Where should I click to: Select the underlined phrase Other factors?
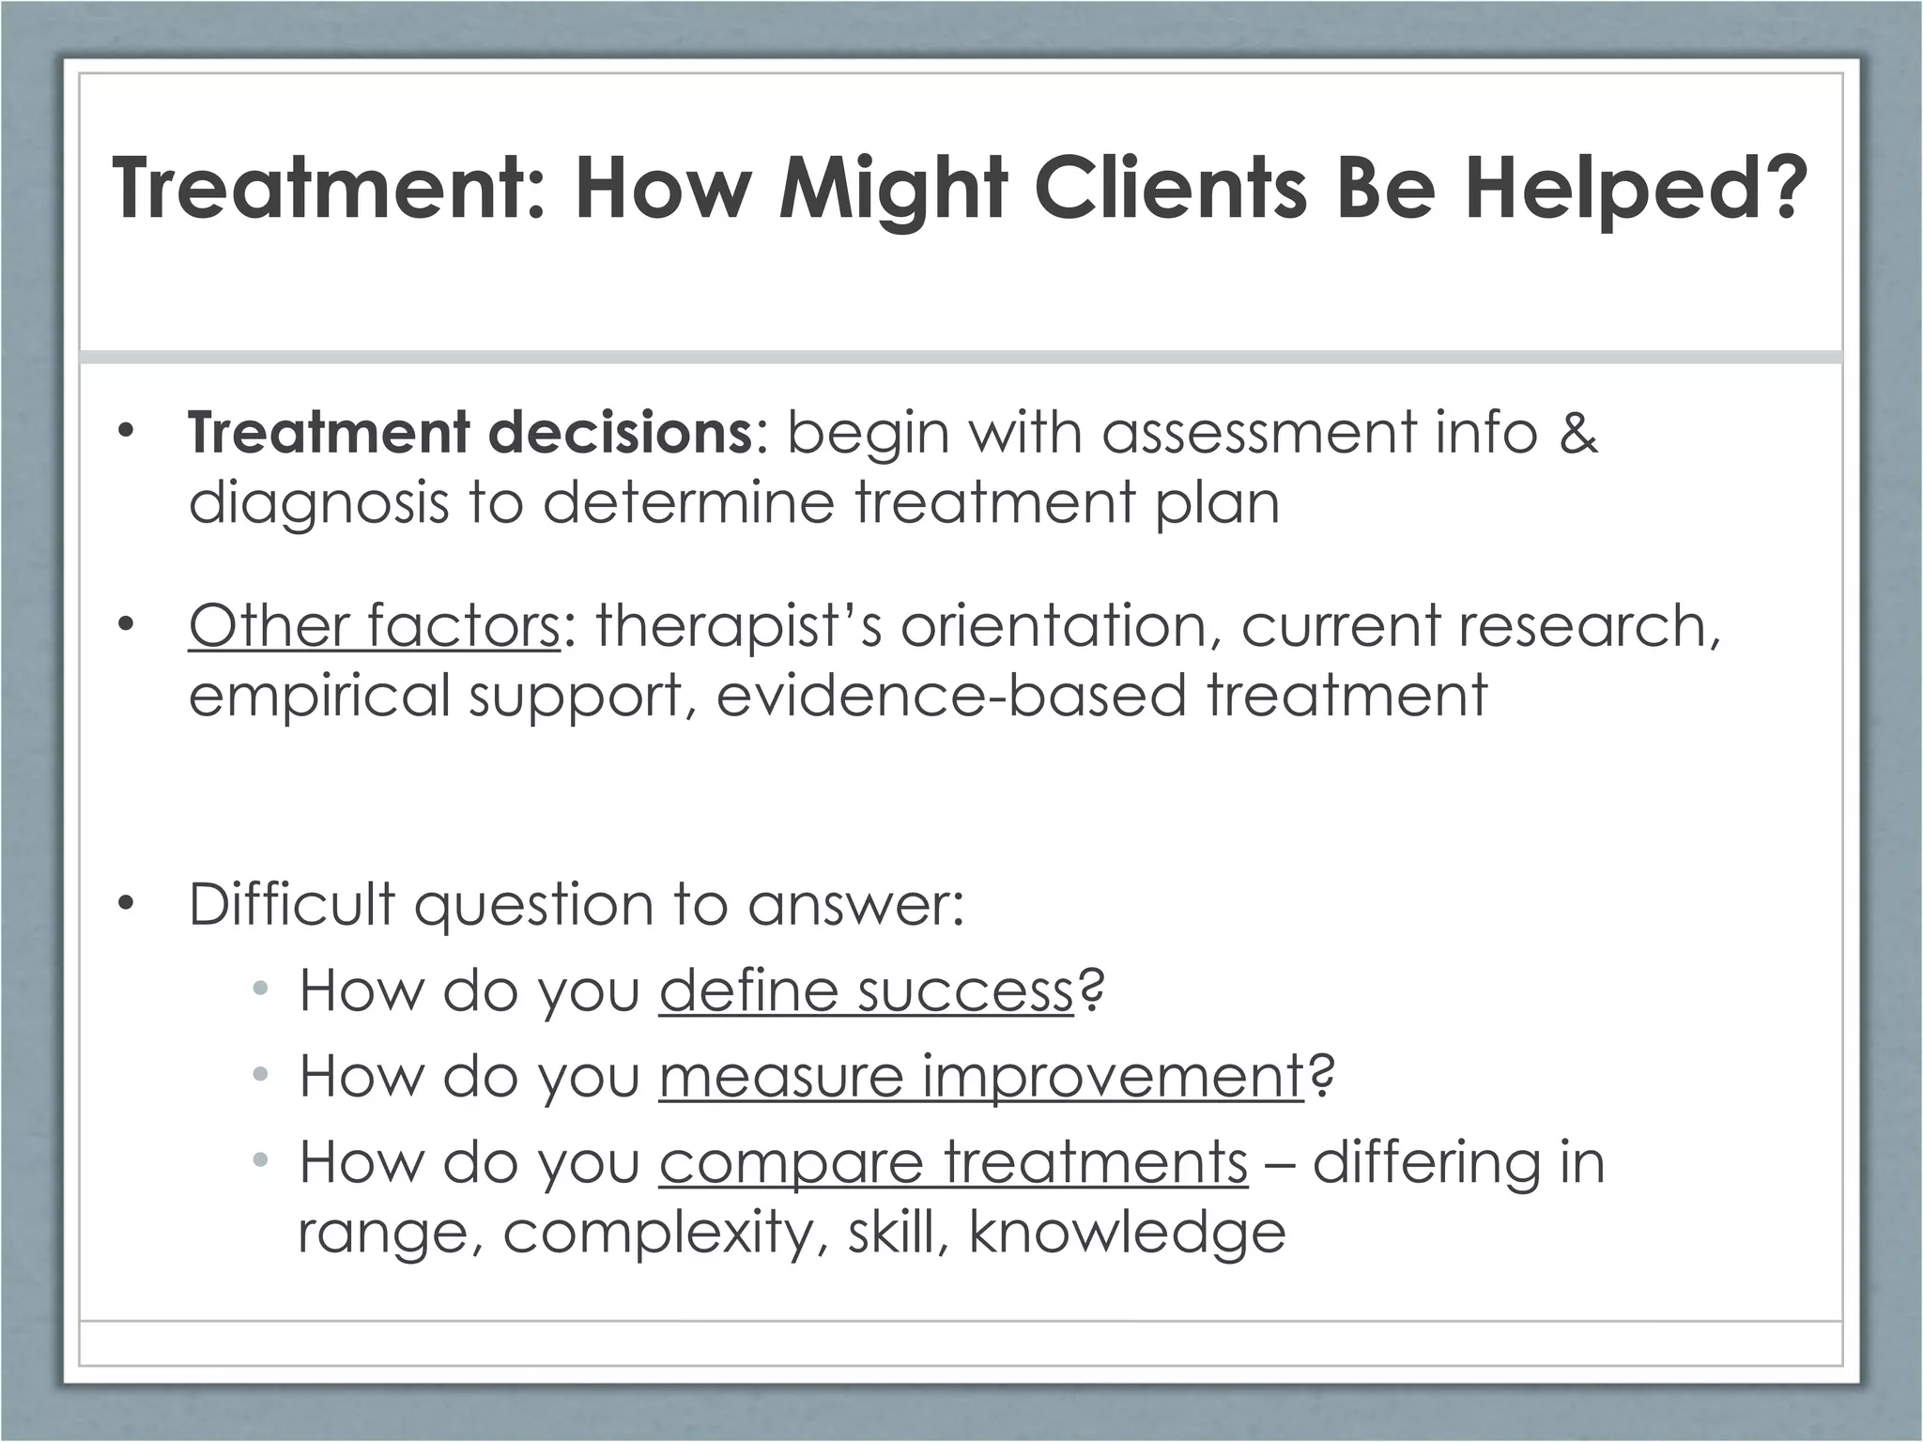[375, 625]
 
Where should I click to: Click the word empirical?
[319, 696]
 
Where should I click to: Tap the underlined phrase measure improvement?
[981, 1077]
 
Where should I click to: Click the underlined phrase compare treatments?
[953, 1163]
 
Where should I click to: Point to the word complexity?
[657, 1233]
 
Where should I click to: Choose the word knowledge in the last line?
[1127, 1233]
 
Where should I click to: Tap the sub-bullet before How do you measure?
[260, 1075]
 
